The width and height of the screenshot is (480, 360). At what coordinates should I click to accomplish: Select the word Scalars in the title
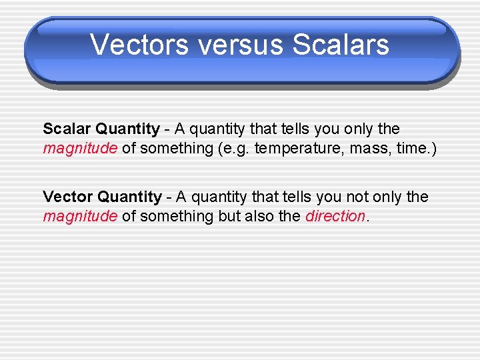pyautogui.click(x=341, y=45)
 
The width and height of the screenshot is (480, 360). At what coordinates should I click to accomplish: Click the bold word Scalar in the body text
pyautogui.click(x=67, y=129)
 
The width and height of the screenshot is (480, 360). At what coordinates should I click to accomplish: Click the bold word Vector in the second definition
pyautogui.click(x=69, y=197)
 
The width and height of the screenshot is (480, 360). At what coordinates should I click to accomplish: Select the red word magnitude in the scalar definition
pyautogui.click(x=80, y=149)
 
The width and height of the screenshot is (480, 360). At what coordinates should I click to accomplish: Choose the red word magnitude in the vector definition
pyautogui.click(x=80, y=217)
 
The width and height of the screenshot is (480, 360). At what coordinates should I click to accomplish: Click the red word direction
pyautogui.click(x=335, y=217)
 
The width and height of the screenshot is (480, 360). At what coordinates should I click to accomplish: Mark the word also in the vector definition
pyautogui.click(x=261, y=217)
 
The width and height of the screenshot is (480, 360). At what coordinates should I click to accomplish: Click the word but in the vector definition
pyautogui.click(x=229, y=217)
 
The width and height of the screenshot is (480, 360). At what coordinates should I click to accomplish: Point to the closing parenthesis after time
pyautogui.click(x=434, y=149)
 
